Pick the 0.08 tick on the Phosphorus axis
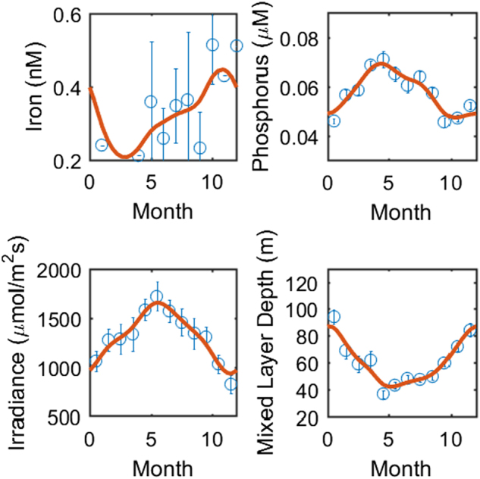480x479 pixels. click(304, 38)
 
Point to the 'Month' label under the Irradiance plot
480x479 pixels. click(163, 462)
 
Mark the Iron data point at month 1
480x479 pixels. click(102, 145)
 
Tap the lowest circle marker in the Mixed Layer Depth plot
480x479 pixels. click(384, 393)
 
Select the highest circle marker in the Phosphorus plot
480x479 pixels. click(383, 59)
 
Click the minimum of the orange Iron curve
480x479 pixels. click(124, 156)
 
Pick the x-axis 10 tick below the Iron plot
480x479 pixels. click(212, 182)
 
